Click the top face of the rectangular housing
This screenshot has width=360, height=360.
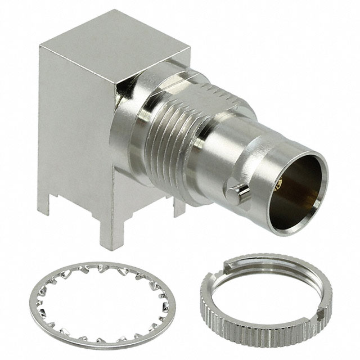point(115,48)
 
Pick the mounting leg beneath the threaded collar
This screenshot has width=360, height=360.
point(179,207)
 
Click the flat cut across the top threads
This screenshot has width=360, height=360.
point(225,93)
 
